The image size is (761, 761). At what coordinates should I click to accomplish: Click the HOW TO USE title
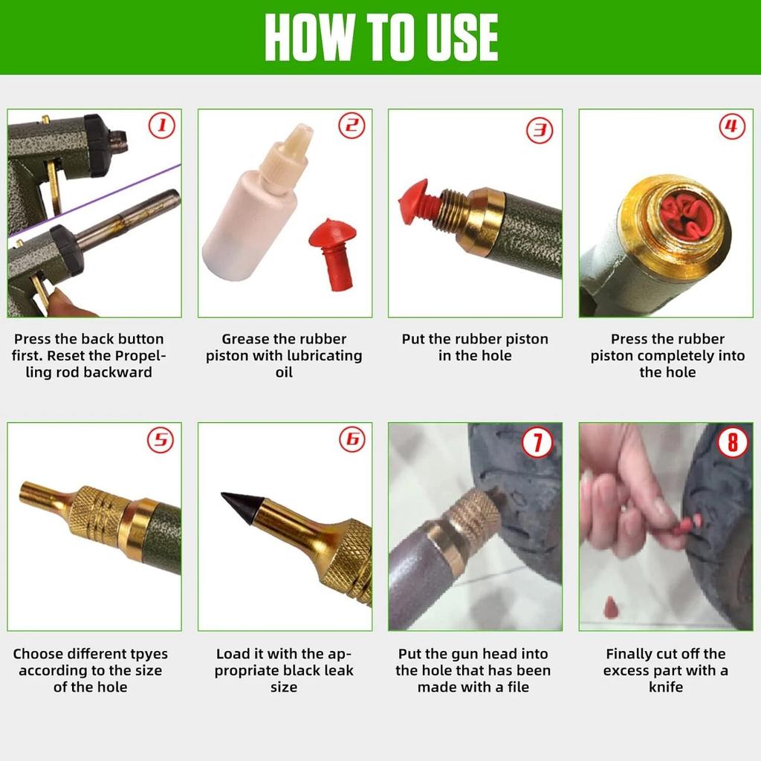pos(380,37)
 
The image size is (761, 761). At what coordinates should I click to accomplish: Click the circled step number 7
pos(537,443)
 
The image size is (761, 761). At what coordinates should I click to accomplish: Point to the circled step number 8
pos(732,443)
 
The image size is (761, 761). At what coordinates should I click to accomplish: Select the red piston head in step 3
pos(414,201)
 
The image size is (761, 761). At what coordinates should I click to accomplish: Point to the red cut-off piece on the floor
pos(611,607)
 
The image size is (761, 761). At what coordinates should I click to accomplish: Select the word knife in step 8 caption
pos(665,687)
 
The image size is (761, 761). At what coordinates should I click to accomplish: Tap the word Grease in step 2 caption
pos(245,339)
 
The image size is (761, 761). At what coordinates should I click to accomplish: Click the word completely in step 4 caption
pos(673,356)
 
